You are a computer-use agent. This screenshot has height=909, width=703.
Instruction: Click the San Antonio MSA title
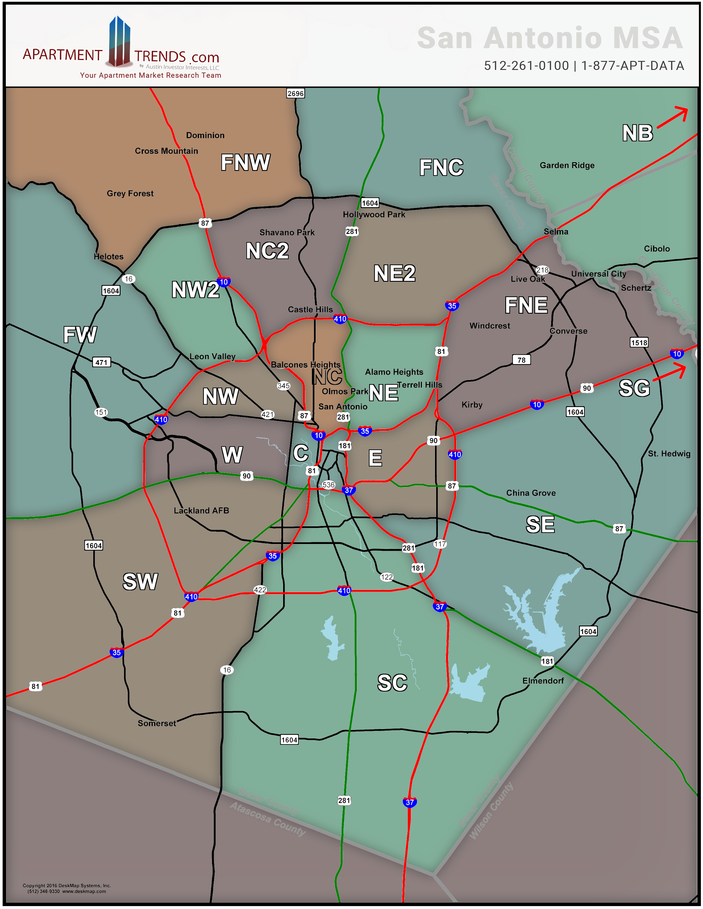(550, 38)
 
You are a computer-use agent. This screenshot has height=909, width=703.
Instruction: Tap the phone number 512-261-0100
(526, 66)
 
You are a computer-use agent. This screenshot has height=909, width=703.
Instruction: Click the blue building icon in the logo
(119, 41)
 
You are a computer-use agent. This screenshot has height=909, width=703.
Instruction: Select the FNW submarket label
(245, 162)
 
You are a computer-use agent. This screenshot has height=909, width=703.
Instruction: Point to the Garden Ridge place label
(567, 165)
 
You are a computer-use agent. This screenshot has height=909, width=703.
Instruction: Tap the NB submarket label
(637, 133)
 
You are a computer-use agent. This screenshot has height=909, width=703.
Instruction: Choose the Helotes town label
(108, 257)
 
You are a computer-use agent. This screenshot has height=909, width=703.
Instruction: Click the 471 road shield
(101, 362)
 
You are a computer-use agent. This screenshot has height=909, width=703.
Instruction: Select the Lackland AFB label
(201, 511)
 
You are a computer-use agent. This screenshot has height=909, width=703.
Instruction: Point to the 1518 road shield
(639, 343)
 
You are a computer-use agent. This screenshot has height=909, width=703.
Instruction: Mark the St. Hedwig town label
(669, 454)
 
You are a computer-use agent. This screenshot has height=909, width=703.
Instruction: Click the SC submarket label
(392, 683)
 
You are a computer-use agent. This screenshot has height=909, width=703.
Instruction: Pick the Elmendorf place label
(543, 680)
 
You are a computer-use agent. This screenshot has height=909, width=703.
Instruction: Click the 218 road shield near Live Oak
(542, 270)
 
